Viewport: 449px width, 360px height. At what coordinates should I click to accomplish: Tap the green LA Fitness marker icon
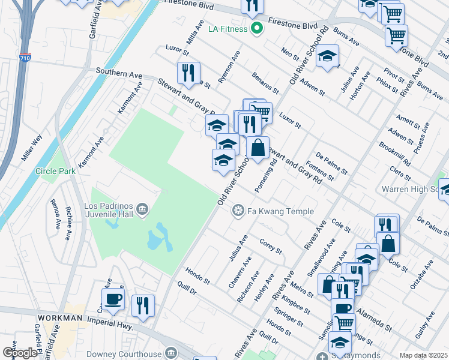pos(257,28)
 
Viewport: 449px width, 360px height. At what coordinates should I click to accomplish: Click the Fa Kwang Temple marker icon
pos(238,211)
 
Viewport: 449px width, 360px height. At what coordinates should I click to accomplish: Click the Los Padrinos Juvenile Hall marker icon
pos(143,209)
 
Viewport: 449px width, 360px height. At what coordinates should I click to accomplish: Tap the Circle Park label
pos(55,171)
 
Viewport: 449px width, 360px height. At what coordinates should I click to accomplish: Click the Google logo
pos(20,353)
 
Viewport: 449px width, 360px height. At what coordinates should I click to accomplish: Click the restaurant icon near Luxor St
pos(190,73)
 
